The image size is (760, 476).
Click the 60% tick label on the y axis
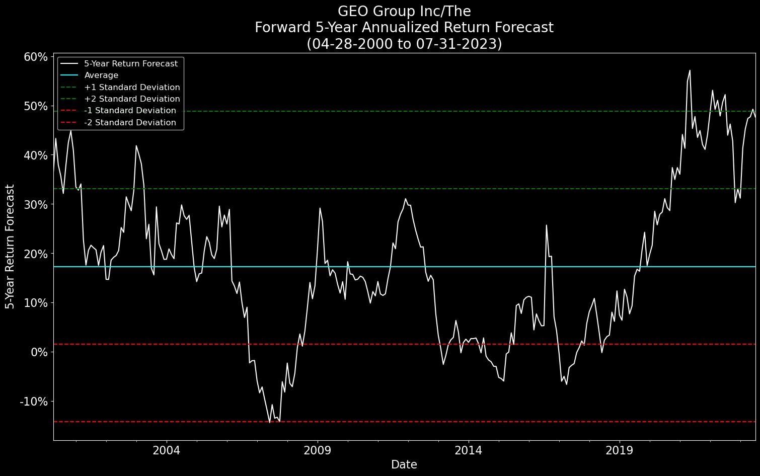coord(35,57)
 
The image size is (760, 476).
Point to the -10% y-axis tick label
coord(33,402)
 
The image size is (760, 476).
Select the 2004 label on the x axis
coord(166,450)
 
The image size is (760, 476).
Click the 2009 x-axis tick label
coord(318,450)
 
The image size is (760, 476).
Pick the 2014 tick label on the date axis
coord(469,450)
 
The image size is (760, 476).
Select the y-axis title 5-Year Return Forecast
coord(10,247)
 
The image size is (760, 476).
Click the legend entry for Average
coord(101,75)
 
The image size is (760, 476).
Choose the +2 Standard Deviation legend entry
coord(132,99)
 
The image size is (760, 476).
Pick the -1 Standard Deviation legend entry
coord(130,111)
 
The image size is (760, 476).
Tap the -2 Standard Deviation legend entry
coord(130,123)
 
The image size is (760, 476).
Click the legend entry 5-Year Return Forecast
coord(131,64)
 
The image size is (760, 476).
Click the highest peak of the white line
coord(690,70)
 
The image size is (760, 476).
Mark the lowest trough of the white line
coord(270,422)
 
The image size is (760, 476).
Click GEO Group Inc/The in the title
coord(404,11)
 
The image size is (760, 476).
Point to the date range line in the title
coord(404,44)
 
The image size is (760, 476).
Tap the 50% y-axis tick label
coord(35,106)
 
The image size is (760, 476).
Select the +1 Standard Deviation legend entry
coord(132,88)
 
